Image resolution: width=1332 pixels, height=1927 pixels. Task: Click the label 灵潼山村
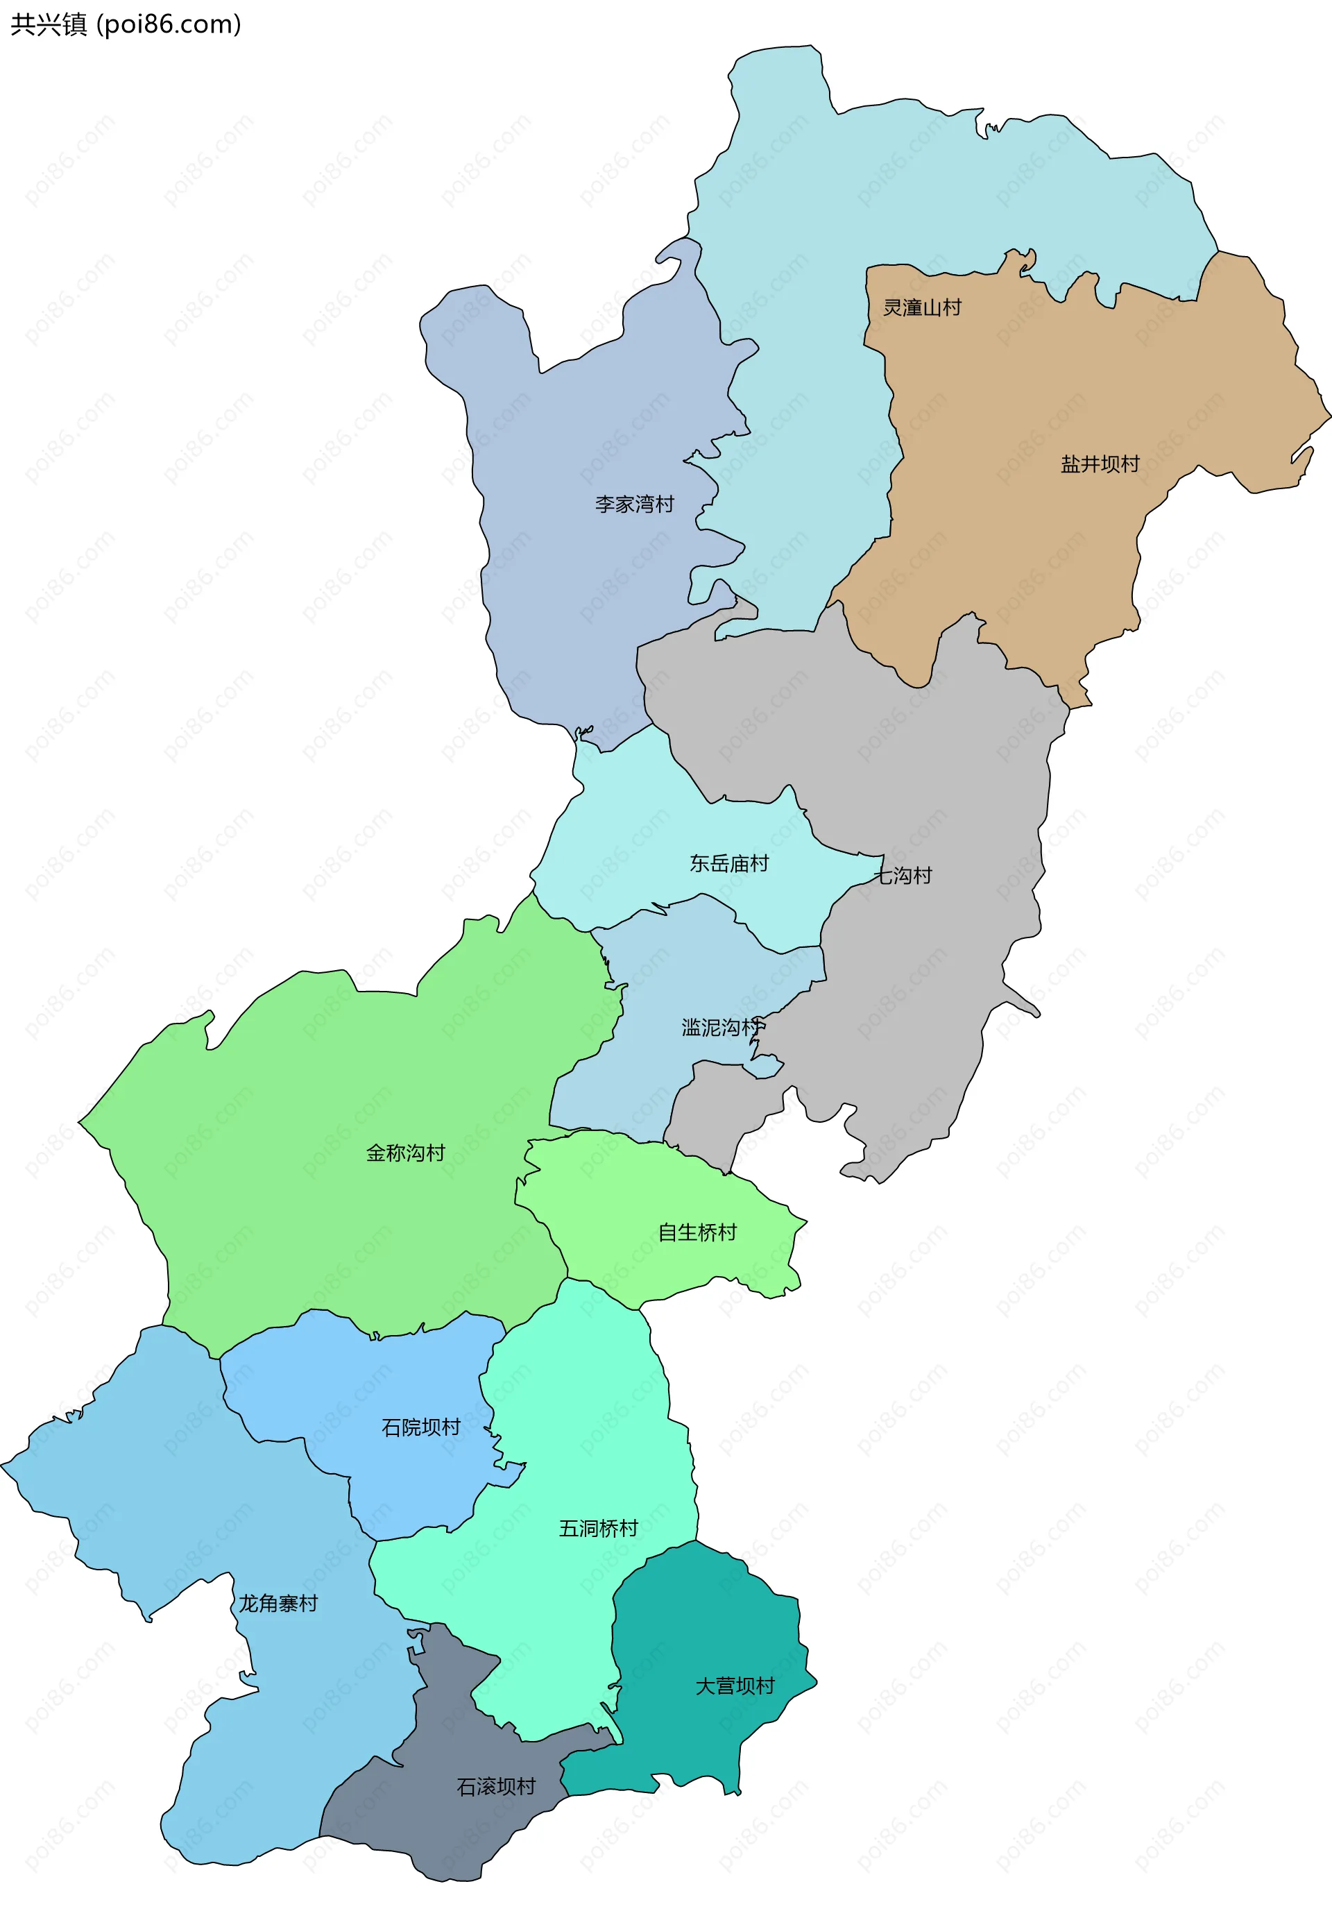click(x=922, y=308)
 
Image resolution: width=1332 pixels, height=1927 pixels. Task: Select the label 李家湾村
click(x=634, y=504)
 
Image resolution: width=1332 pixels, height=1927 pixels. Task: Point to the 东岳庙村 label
click(x=728, y=863)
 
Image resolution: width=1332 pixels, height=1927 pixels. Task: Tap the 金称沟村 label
click(x=406, y=1153)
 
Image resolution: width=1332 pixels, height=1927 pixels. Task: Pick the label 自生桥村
click(x=697, y=1232)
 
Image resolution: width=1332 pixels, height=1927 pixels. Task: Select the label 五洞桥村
click(x=599, y=1528)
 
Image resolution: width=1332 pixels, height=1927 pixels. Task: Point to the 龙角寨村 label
click(x=278, y=1603)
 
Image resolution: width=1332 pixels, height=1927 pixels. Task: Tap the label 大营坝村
click(x=735, y=1686)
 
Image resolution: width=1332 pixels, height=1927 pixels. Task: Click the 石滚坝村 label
click(x=496, y=1786)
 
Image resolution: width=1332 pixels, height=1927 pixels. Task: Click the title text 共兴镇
click(x=49, y=24)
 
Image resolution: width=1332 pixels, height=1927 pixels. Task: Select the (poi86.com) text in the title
click(x=169, y=24)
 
